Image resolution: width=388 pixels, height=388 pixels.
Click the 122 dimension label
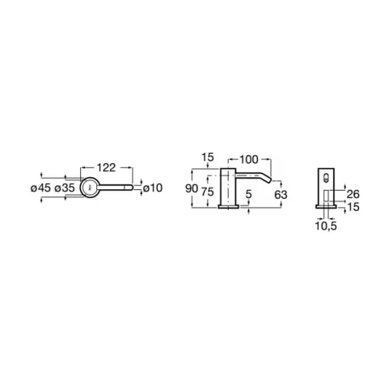106,167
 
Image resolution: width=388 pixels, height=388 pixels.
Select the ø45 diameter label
40,188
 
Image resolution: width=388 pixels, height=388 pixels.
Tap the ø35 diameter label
65,188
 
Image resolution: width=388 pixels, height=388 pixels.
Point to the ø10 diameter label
153,188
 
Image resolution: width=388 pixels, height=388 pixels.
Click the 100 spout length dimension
249,159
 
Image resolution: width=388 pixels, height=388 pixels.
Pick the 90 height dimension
192,188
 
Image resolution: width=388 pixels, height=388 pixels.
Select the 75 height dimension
208,192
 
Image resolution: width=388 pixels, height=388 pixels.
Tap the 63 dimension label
280,195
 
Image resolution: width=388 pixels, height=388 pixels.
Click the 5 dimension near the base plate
248,194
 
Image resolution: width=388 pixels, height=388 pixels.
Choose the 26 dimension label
353,194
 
